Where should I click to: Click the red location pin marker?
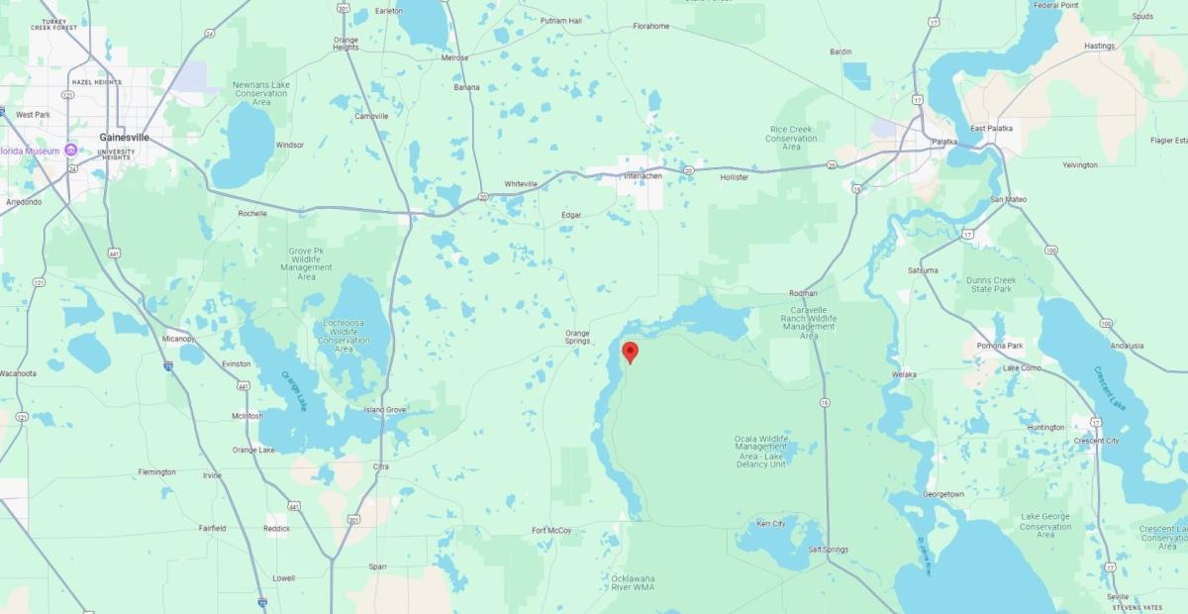point(629,352)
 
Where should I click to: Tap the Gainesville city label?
point(124,138)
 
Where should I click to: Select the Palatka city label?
point(944,142)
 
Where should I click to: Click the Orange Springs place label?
point(577,337)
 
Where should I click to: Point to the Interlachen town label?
point(643,176)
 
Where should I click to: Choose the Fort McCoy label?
point(551,531)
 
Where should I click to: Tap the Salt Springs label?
point(828,550)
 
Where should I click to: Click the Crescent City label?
point(1096,441)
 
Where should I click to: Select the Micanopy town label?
point(179,339)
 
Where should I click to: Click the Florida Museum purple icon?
point(70,151)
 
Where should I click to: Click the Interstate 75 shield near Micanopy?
point(168,365)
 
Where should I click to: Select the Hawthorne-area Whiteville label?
point(521,184)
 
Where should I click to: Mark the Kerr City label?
point(770,523)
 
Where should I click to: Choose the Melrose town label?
point(454,58)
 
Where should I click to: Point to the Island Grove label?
point(384,410)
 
